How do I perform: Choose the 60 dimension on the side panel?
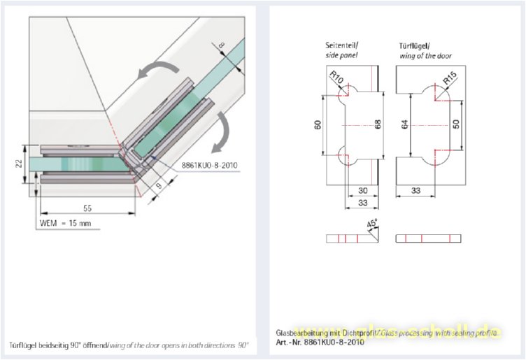pyautogui.click(x=318, y=125)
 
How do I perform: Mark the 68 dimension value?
pyautogui.click(x=378, y=124)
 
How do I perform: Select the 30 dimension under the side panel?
pyautogui.click(x=362, y=190)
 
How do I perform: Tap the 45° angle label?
pyautogui.click(x=372, y=225)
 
